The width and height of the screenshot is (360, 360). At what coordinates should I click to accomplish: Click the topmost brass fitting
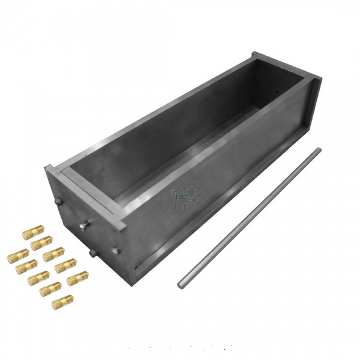pyautogui.click(x=34, y=232)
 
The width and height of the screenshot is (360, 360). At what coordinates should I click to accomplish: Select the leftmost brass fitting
pyautogui.click(x=17, y=256)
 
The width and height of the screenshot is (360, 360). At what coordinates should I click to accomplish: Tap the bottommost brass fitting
pyautogui.click(x=62, y=301)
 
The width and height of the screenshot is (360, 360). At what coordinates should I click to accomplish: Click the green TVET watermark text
pyautogui.click(x=181, y=195)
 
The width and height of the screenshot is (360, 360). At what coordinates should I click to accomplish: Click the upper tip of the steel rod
pyautogui.click(x=319, y=150)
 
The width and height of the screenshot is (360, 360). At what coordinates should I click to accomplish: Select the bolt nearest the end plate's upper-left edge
pyautogui.click(x=60, y=202)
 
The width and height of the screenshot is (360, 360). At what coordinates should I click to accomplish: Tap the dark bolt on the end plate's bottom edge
pyautogui.click(x=92, y=254)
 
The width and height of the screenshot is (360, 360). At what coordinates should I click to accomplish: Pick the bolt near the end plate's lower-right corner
pyautogui.click(x=114, y=251)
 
